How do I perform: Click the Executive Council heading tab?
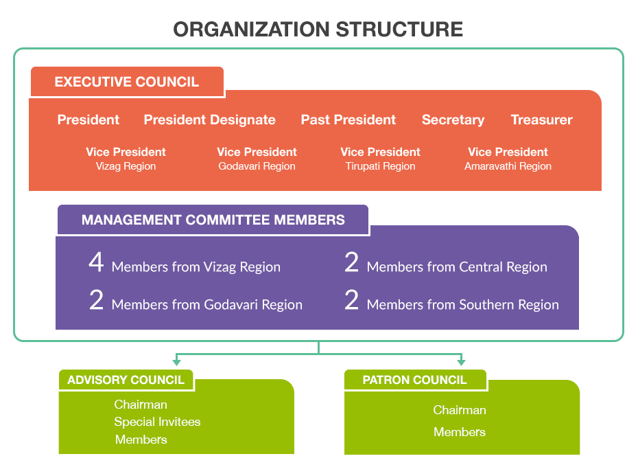click(127, 82)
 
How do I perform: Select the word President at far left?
click(88, 120)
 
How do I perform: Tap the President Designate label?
click(209, 120)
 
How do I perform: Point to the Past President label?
click(348, 120)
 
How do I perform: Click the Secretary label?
click(453, 120)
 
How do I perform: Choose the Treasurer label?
click(541, 120)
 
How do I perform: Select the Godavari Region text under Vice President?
click(257, 166)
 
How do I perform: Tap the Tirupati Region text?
click(380, 166)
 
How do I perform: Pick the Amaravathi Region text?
click(508, 166)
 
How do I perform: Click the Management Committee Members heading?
click(213, 220)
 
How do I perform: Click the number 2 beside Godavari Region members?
click(96, 301)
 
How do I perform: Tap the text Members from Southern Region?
click(462, 305)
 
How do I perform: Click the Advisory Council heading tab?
click(126, 380)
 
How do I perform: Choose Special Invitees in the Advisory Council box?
click(157, 422)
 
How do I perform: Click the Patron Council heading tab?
click(414, 380)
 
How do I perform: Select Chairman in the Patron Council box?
click(459, 410)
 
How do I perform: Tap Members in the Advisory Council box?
click(141, 440)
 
